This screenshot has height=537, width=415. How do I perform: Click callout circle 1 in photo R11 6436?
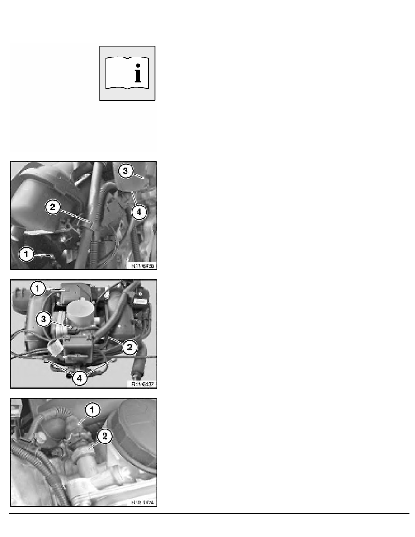coord(26,254)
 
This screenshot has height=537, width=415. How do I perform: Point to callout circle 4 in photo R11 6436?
coord(139,212)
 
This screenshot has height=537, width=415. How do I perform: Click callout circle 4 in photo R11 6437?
coord(80,377)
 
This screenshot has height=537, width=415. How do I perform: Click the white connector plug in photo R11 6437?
coord(56,348)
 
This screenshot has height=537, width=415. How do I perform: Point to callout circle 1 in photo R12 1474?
coord(93,410)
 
